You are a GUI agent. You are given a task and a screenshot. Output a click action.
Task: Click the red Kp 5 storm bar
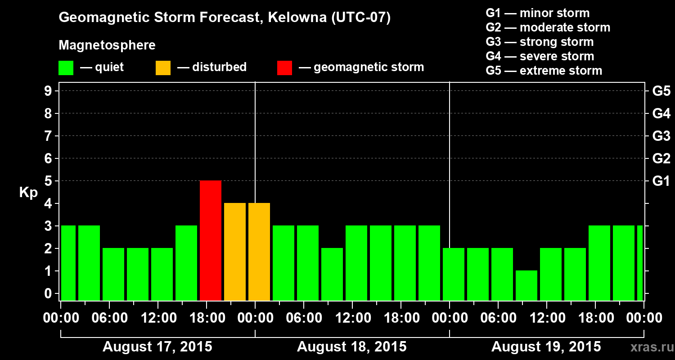(x=211, y=240)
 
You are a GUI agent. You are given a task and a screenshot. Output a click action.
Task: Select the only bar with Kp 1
(x=526, y=285)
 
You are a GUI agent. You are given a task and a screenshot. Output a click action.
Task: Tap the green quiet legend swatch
(x=66, y=68)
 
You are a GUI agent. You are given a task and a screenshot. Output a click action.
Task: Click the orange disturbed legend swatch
(x=163, y=68)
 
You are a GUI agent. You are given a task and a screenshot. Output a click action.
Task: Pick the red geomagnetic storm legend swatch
(x=284, y=68)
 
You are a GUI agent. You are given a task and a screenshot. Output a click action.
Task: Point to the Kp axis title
(x=28, y=193)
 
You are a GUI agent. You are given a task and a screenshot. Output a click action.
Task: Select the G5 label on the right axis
(x=661, y=91)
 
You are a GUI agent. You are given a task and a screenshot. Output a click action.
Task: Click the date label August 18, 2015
(x=351, y=347)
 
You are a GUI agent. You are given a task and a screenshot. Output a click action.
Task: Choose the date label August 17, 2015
(x=157, y=347)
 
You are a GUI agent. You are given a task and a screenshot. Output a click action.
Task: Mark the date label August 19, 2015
(x=546, y=347)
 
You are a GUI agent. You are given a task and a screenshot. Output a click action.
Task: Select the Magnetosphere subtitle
(x=107, y=45)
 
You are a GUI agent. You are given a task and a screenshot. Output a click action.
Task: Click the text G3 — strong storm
(x=540, y=42)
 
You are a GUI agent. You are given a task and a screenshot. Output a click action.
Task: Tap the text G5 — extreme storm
(x=544, y=71)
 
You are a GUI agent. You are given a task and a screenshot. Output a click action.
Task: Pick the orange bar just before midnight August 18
(x=235, y=252)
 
